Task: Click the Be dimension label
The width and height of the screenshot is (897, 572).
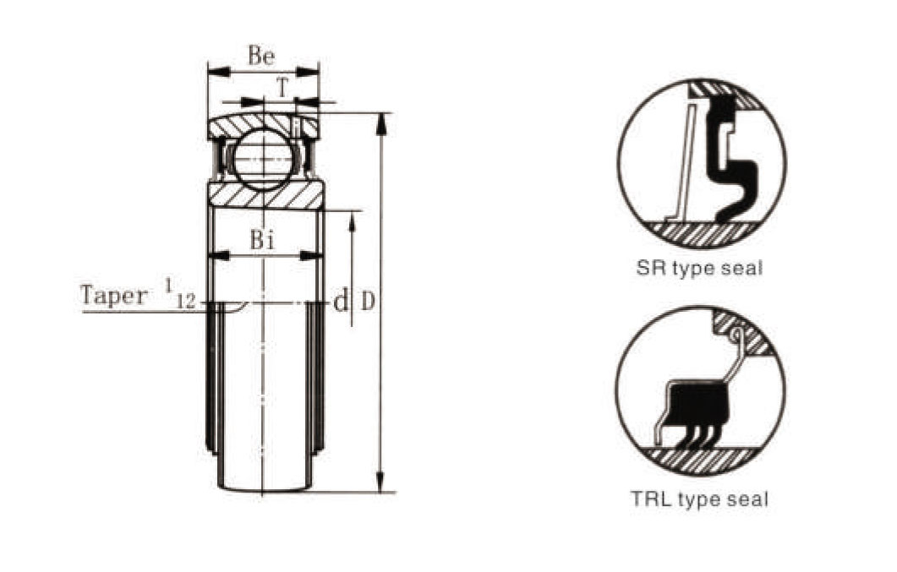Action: [x=261, y=56]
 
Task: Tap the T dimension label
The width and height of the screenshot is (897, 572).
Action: [x=282, y=88]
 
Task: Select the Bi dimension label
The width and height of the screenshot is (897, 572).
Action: [x=261, y=240]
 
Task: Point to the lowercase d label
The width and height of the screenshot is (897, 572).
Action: [x=341, y=301]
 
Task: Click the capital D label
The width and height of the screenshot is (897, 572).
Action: [x=368, y=301]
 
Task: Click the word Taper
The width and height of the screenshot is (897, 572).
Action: [x=114, y=296]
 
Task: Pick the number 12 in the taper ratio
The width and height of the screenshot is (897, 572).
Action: [x=185, y=302]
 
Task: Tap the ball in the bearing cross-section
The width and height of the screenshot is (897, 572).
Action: [x=263, y=159]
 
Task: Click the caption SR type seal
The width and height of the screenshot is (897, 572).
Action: [x=700, y=269]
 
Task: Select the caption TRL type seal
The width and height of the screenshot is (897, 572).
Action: [x=700, y=500]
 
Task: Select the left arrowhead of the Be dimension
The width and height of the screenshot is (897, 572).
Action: [x=218, y=72]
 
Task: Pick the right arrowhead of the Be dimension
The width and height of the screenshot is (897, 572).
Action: [x=307, y=72]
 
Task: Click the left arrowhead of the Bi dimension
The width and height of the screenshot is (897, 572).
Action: [x=221, y=256]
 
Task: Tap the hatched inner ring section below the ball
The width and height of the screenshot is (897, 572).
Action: [x=266, y=195]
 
